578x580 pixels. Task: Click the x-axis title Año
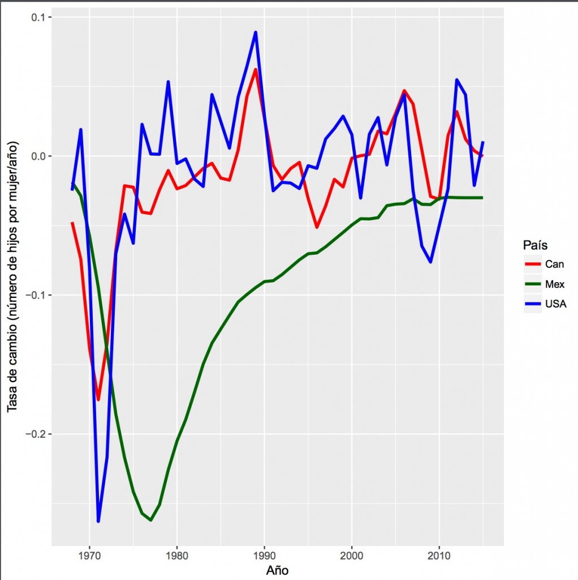277,569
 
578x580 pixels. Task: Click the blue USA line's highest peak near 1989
256,32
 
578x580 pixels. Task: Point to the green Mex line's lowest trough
150,520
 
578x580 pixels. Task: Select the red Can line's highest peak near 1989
256,70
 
